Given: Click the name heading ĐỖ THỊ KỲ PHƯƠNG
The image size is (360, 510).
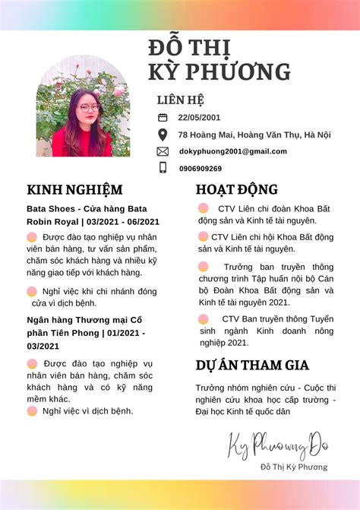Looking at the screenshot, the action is point(219,59).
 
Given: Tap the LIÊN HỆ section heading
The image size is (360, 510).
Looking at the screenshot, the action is point(180,100).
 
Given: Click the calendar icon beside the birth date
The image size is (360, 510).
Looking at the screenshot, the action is point(163,117).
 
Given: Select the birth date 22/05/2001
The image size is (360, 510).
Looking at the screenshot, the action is point(199,117).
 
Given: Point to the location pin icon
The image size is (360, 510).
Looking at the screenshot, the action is point(163,135).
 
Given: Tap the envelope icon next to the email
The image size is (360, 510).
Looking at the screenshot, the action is point(163,151).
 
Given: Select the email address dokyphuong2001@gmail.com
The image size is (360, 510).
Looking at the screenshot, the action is point(232,151).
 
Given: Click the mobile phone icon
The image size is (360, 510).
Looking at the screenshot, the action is point(163,168).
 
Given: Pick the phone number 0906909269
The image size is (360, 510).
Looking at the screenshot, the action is point(201,169).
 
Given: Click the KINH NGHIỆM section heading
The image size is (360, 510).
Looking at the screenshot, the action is point(74,189).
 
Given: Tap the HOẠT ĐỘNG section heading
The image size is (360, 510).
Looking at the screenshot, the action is point(236,189).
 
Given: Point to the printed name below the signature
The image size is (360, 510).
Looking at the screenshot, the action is point(293,467).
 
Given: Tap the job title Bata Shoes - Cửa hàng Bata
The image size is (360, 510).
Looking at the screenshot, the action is point(87,208).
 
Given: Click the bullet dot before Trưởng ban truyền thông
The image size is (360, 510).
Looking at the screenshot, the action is point(204,267).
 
